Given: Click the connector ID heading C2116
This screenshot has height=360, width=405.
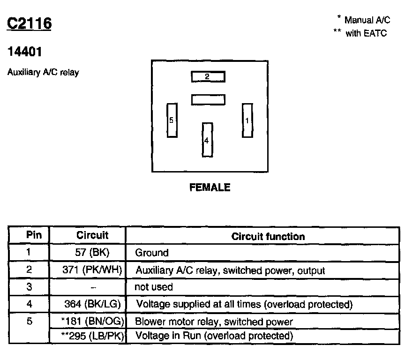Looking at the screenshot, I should tap(29, 24).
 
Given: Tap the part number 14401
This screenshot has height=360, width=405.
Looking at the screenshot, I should tap(25, 52).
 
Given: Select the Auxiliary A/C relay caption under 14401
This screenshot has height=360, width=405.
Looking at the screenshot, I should tap(43, 73).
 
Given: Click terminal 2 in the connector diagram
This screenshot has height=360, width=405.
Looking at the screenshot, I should tap(208, 76).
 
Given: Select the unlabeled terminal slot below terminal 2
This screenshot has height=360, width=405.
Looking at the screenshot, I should tap(208, 99).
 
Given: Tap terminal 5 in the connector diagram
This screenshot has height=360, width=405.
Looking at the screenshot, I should tap(172, 120).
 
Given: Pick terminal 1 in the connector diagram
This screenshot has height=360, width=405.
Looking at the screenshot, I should tap(247, 120).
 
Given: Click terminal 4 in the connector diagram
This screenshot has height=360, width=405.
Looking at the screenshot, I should tap(207, 140).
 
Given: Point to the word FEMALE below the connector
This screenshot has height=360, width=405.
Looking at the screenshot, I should tap(210, 187).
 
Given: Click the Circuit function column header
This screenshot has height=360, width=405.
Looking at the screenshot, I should tap(268, 237).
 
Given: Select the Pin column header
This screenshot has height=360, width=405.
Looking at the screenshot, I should tap(34, 235).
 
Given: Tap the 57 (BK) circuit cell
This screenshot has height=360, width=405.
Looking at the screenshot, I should tap(92, 253).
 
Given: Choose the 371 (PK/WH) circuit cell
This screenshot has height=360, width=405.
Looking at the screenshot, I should tap(92, 270).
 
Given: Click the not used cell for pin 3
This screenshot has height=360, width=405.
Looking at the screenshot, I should tap(154, 287).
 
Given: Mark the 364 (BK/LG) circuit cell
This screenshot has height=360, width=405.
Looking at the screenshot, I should tap(92, 304).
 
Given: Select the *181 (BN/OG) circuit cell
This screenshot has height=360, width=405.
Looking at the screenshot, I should tap(92, 322).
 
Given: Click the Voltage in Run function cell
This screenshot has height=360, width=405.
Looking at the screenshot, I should tap(214, 336).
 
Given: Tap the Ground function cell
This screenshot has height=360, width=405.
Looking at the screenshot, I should tap(151, 253).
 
